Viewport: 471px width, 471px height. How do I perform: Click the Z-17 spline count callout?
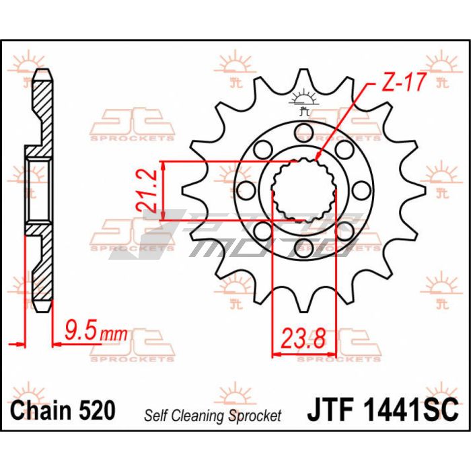tap(404, 82)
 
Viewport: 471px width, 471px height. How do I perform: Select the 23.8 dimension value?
tap(303, 338)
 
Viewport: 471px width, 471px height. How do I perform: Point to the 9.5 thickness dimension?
tap(81, 330)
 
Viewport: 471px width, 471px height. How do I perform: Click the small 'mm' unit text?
tap(114, 334)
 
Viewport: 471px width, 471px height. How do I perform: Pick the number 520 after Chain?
tap(97, 410)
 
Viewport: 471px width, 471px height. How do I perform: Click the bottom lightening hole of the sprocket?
tap(303, 248)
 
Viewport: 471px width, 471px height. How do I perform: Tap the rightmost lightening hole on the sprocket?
tap(361, 190)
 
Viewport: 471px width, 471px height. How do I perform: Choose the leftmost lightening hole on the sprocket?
tap(246, 190)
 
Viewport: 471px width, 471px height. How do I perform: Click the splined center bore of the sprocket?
tap(303, 190)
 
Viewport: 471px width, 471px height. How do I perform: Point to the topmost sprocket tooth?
tap(303, 79)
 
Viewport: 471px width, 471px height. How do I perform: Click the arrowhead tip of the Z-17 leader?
tap(316, 159)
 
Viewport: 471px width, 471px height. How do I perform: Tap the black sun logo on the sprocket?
tap(303, 101)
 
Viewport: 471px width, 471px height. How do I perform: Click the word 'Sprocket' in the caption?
tap(255, 416)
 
